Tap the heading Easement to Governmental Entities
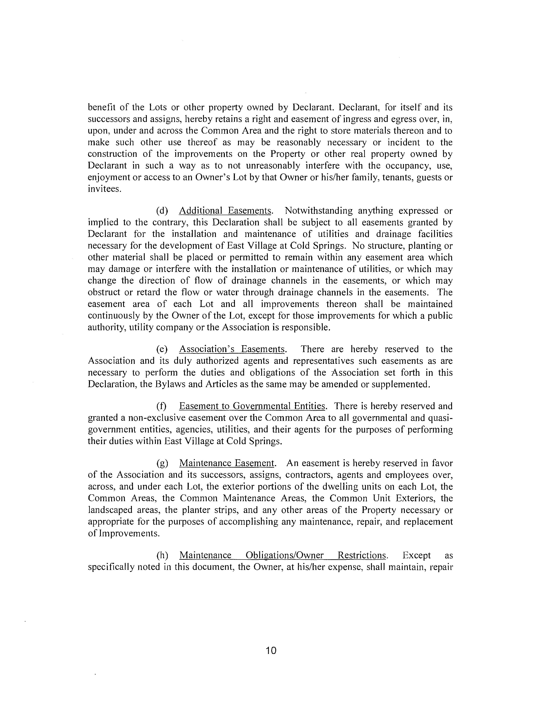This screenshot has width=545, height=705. click(252, 406)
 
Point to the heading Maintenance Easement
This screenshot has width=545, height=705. click(227, 463)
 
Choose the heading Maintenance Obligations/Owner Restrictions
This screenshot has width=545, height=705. click(283, 555)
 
